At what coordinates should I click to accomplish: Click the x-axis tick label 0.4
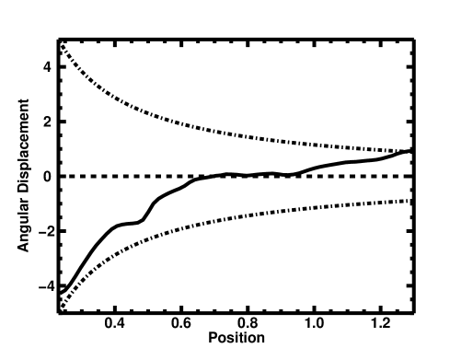pyautogui.click(x=115, y=324)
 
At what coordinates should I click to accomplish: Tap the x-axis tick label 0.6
pyautogui.click(x=181, y=324)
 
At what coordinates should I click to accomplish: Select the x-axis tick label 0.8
pyautogui.click(x=248, y=324)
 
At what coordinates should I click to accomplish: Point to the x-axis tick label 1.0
pyautogui.click(x=314, y=324)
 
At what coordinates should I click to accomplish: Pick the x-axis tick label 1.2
pyautogui.click(x=379, y=324)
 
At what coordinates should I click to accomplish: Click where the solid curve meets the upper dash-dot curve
pyautogui.click(x=410, y=151)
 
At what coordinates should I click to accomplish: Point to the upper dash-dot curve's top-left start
pyautogui.click(x=59, y=42)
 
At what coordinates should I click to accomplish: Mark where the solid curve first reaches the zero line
pyautogui.click(x=211, y=176)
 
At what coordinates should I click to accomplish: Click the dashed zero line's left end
pyautogui.click(x=60, y=176)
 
